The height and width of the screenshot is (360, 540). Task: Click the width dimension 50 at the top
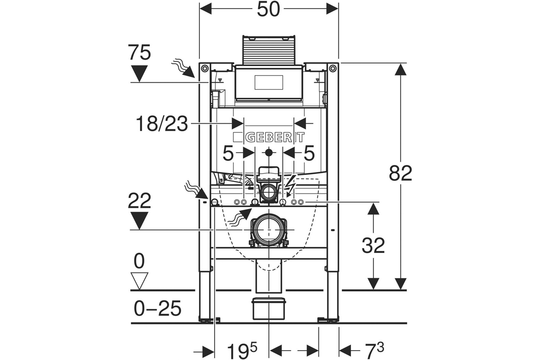coord(268,9)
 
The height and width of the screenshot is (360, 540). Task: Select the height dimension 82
coord(400,173)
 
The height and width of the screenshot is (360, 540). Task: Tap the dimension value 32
coord(373,245)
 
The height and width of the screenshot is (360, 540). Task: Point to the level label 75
coord(139,52)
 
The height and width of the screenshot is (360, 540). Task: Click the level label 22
coord(139,201)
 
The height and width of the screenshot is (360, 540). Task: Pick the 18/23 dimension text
coord(162,124)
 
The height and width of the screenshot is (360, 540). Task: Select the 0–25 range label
coord(157,308)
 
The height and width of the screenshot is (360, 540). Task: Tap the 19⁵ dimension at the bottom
coord(242,351)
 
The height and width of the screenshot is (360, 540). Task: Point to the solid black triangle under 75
coord(139,73)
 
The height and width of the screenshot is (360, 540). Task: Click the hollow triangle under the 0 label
coord(139,281)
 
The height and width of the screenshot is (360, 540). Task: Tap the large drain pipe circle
coord(269,229)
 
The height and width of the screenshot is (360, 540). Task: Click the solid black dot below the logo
coord(269,153)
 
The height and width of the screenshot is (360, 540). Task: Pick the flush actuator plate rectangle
coord(269,82)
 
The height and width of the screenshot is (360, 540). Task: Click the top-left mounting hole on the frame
coord(205,69)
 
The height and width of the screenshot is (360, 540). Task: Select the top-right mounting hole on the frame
coord(333,69)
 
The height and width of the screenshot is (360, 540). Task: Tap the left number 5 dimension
coord(228,153)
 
